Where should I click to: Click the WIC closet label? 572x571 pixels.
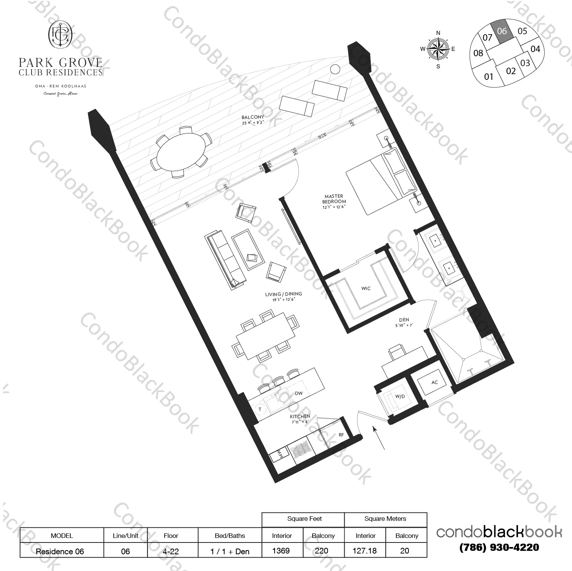point(366,289)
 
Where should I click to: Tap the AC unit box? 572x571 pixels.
point(435,382)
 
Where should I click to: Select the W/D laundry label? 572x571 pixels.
point(400,397)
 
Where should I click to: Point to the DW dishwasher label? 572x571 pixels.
point(299,393)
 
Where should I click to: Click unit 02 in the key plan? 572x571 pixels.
point(511,71)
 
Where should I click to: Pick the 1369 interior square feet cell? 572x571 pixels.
point(281,551)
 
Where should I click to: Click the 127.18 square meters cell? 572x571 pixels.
point(365,551)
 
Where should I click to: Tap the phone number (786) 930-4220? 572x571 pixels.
point(499,547)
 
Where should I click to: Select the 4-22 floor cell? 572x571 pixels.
point(171,551)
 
